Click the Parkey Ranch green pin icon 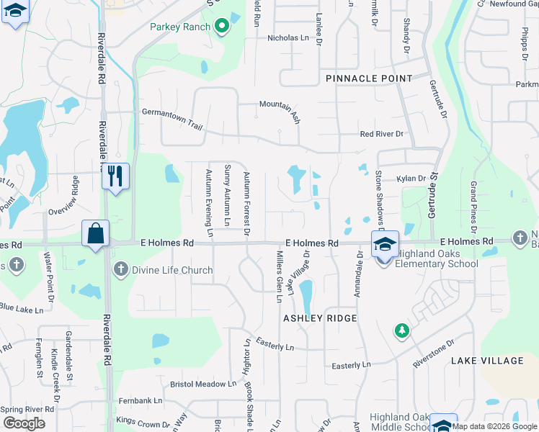222,27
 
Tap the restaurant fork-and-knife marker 115,175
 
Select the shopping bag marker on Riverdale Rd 95,233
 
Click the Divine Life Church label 172,270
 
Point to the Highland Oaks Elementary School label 432,264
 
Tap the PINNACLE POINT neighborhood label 369,78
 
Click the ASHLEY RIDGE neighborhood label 320,318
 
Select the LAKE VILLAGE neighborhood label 497,360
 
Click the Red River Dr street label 382,134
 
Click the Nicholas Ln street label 288,38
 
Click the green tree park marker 401,330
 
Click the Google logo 24,423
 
